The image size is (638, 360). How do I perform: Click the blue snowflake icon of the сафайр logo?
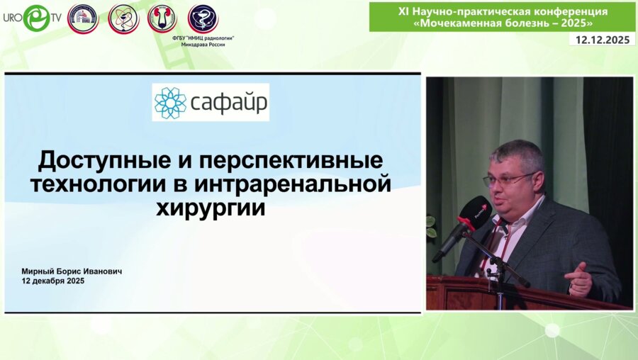170,103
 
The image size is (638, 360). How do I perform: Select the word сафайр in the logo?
228,103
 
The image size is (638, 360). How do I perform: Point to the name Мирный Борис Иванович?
72,271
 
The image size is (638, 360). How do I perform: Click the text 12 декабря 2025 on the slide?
54,281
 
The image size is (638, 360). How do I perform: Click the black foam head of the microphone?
474,213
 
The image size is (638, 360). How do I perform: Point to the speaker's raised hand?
579,279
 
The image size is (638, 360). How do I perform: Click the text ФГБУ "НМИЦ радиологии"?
202,36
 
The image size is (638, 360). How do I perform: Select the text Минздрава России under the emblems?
203,43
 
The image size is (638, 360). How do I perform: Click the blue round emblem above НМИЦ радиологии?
203,18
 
